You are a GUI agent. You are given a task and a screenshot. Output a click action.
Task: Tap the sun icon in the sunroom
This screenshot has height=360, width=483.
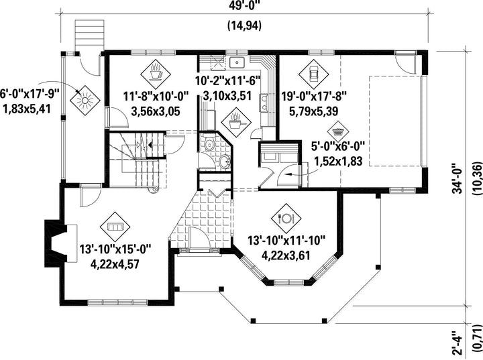85,100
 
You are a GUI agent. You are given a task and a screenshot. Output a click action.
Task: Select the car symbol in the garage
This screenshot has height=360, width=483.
313,74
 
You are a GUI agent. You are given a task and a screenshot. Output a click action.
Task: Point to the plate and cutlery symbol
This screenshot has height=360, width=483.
286,219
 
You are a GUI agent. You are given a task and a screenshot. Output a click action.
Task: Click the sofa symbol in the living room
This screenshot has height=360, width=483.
115,227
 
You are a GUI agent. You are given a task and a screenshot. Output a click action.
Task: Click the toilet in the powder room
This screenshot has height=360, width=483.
210,143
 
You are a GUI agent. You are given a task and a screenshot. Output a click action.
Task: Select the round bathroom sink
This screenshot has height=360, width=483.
225,162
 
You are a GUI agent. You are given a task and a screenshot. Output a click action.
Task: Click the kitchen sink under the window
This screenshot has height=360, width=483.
237,62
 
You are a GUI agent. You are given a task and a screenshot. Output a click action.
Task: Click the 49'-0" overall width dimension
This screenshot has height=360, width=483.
245,5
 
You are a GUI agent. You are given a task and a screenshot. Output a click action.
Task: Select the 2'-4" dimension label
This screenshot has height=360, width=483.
458,343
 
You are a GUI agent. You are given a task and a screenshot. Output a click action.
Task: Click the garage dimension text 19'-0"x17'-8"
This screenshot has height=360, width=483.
314,96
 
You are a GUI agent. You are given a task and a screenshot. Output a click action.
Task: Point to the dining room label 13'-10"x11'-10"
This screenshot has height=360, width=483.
287,240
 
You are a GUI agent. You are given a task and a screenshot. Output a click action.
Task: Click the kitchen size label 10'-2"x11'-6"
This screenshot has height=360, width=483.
228,81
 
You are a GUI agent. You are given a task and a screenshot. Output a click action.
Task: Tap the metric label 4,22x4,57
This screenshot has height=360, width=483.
115,264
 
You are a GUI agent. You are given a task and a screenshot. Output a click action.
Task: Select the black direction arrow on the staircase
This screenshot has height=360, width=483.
150,144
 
